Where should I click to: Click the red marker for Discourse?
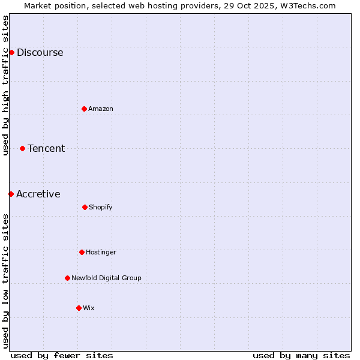point(11,52)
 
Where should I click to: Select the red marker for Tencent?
point(23,148)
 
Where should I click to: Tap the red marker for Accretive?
point(11,194)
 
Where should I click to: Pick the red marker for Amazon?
point(85,109)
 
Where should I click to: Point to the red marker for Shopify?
point(85,207)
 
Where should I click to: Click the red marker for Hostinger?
point(82,252)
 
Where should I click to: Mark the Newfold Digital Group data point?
point(67,278)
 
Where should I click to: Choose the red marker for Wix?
point(79,308)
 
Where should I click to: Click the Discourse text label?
point(40,52)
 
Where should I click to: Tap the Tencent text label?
point(46,148)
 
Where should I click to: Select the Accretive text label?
point(38,194)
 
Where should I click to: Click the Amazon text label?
point(101,109)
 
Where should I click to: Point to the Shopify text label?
point(101,207)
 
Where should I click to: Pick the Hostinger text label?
point(101,252)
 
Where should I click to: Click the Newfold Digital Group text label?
point(106,278)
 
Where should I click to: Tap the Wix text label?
point(89,308)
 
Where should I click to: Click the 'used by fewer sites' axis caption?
point(62,355)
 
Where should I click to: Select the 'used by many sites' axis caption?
point(301,355)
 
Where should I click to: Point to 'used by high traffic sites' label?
point(5,85)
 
